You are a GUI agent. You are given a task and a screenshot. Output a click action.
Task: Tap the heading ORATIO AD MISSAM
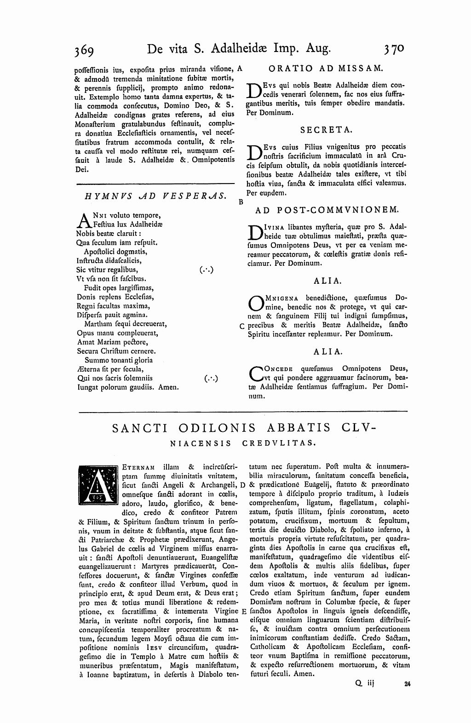[325, 69]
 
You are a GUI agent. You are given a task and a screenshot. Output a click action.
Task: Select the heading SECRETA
[326, 130]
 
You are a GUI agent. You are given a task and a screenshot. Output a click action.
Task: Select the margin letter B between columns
[240, 201]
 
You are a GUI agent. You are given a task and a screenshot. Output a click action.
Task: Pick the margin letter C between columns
[241, 326]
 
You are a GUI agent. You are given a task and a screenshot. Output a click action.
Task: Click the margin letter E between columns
[243, 611]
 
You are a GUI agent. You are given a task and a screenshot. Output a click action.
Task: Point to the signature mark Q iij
[363, 684]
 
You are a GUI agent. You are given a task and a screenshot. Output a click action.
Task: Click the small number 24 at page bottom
[407, 684]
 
